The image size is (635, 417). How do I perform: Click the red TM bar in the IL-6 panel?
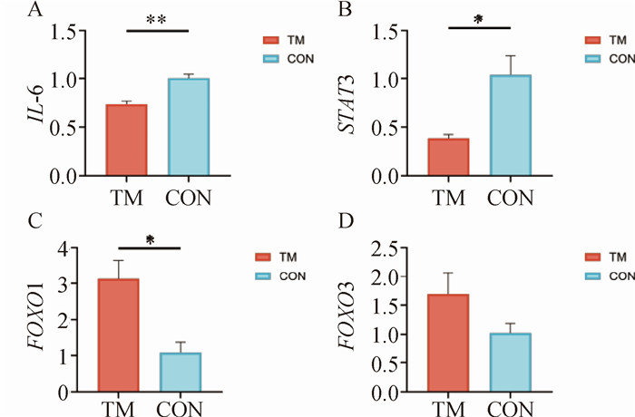[126, 141]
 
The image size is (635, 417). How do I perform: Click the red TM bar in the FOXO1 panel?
[118, 335]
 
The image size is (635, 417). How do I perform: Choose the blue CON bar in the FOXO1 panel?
[180, 373]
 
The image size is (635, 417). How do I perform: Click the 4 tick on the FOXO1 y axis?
[62, 247]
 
